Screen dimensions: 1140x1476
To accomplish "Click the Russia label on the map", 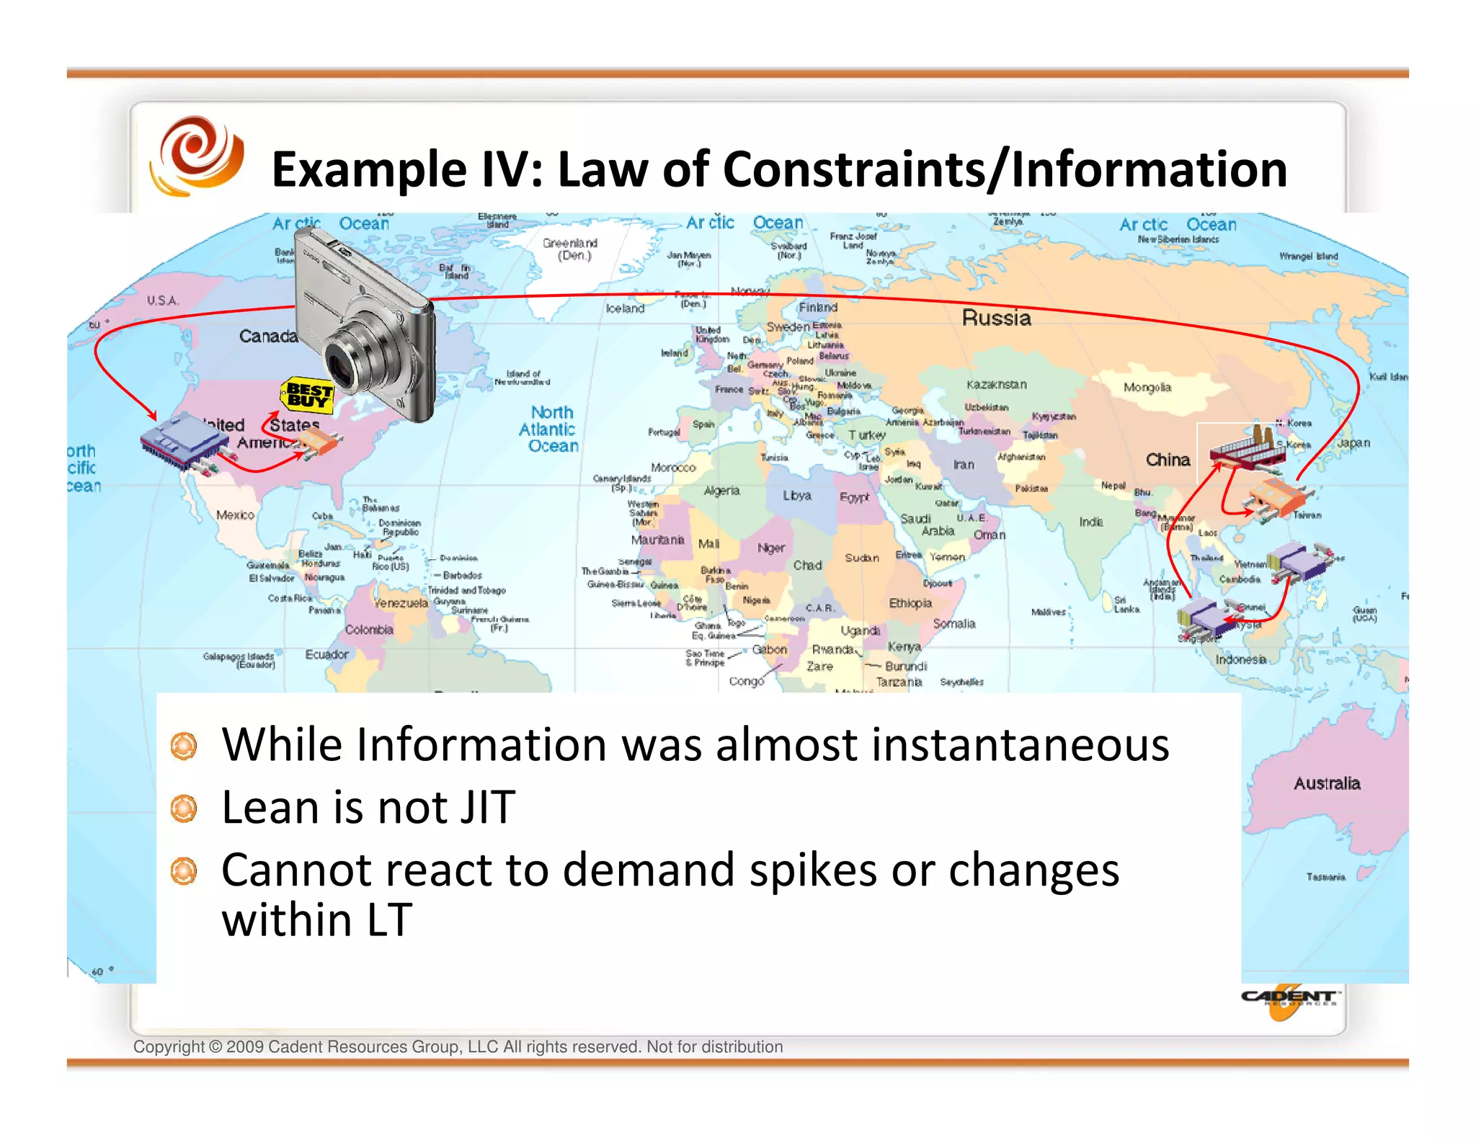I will click(x=996, y=318).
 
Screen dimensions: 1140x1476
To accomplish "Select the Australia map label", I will click(x=1326, y=783).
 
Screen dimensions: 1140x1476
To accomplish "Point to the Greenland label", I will click(x=570, y=249).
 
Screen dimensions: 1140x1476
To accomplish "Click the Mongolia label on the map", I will click(x=1147, y=388).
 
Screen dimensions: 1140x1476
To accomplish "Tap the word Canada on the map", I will click(x=268, y=337).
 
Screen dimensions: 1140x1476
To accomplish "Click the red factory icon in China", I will click(x=1248, y=447).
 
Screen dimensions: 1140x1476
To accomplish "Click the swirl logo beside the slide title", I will click(x=196, y=156).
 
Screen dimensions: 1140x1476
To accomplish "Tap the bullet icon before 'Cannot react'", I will click(x=184, y=871).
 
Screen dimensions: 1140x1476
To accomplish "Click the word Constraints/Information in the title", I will click(x=1005, y=170).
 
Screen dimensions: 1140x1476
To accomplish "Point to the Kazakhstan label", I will click(x=996, y=385).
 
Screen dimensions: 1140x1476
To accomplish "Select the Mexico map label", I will click(x=235, y=515).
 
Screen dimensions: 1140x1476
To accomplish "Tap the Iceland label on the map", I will click(x=625, y=308).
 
